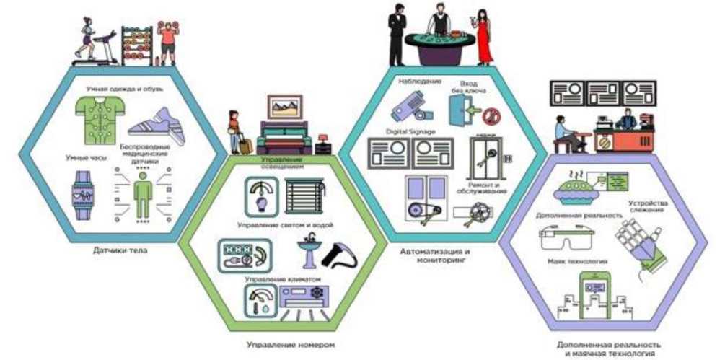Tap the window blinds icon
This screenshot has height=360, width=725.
pos(303,195)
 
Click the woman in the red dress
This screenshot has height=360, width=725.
pos(483,36)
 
